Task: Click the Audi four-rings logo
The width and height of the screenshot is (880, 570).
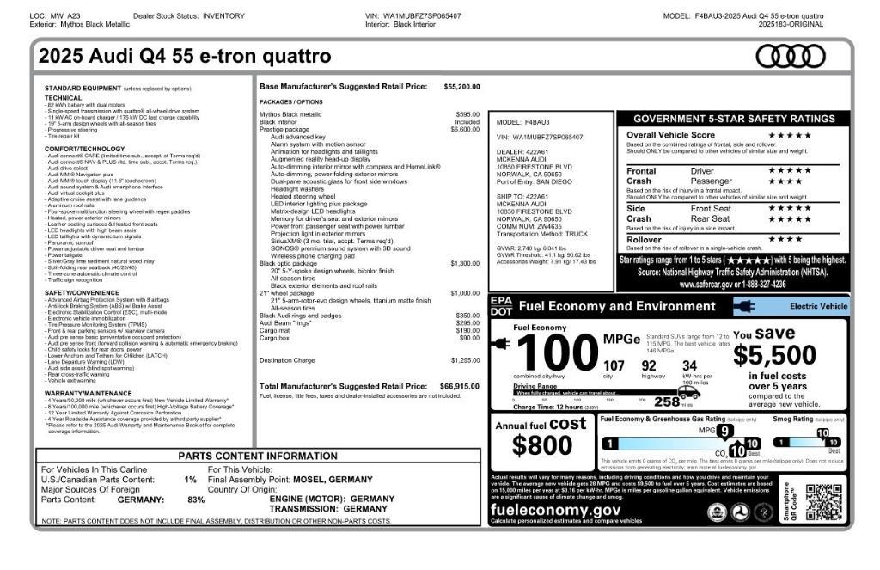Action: (790, 57)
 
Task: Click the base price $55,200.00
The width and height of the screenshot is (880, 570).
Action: (461, 87)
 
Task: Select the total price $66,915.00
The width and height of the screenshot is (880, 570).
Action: (459, 387)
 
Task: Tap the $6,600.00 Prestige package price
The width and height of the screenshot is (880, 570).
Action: (465, 130)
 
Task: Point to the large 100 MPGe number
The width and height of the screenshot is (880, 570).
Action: (557, 352)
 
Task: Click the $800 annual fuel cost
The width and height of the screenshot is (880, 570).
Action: (541, 445)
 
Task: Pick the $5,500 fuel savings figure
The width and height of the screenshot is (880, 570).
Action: (775, 355)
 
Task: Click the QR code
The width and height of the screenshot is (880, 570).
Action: (823, 502)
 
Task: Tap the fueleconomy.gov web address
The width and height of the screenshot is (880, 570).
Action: (555, 510)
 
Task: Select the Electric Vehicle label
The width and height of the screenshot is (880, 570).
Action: (818, 306)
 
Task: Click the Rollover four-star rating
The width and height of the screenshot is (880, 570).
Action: (785, 240)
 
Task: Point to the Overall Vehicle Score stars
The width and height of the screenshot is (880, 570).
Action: (789, 135)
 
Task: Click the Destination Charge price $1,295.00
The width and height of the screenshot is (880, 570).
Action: (465, 361)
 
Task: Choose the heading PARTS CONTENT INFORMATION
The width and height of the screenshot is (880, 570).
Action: (258, 457)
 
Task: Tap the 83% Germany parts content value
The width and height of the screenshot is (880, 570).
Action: (196, 500)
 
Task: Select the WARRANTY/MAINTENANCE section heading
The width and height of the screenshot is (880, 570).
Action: (89, 393)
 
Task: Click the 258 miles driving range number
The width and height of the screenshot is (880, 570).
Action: (665, 401)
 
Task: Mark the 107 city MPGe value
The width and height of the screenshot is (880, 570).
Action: (614, 366)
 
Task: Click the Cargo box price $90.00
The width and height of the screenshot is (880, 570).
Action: (469, 338)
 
